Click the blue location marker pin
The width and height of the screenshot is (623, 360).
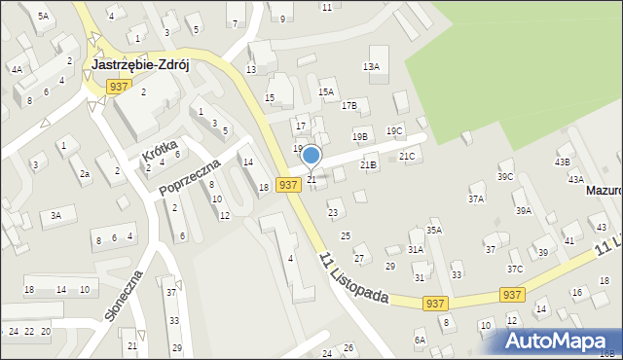tap(311, 156)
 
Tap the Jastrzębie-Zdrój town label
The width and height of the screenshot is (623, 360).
tap(139, 65)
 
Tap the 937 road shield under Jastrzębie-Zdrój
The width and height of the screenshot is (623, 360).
tap(118, 87)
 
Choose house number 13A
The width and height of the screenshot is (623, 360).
tap(371, 66)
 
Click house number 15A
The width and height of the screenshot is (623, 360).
tap(326, 91)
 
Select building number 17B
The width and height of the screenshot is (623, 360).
tap(348, 105)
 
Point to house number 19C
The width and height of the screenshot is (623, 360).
tap(394, 130)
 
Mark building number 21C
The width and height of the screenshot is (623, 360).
tap(407, 156)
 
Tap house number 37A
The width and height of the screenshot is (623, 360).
tap(476, 198)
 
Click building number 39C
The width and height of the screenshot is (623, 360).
tap(505, 176)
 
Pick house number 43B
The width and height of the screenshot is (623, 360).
tap(562, 162)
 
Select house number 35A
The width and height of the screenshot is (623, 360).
tap(434, 230)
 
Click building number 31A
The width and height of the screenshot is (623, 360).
tap(416, 249)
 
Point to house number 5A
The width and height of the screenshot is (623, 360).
tap(43, 17)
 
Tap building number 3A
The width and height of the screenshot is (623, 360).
tap(56, 214)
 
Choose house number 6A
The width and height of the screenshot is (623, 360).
tap(420, 340)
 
